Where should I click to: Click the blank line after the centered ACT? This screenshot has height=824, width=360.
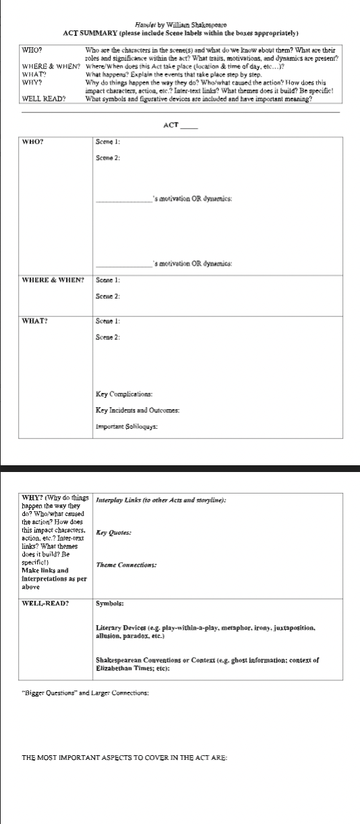[x=190, y=126]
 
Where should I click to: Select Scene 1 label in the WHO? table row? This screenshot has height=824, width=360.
[x=108, y=143]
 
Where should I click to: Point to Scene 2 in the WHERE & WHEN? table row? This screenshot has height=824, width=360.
[x=108, y=296]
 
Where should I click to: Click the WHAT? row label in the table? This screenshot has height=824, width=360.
[x=34, y=321]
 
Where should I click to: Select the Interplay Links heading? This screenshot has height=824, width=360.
[x=161, y=500]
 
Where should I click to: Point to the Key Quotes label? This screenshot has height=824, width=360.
[x=114, y=532]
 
